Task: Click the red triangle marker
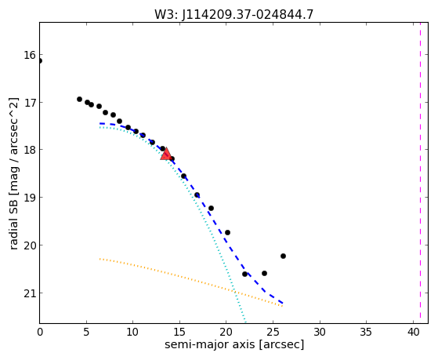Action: tap(166, 155)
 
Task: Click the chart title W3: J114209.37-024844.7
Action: tap(233, 14)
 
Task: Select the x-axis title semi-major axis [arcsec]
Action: tap(234, 344)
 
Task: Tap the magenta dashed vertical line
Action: tap(420, 173)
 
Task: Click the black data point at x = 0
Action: tap(40, 60)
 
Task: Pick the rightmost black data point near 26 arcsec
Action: tap(283, 256)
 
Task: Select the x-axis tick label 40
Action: tap(414, 332)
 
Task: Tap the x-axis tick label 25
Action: tap(273, 332)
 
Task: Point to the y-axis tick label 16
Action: tap(29, 55)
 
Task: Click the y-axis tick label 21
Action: tap(29, 293)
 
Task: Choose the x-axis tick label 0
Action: tap(40, 332)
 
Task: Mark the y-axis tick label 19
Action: tap(29, 198)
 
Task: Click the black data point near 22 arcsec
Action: tap(244, 275)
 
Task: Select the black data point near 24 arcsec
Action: tap(264, 273)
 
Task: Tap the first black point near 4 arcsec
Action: tap(79, 99)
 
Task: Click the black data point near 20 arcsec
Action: tap(227, 232)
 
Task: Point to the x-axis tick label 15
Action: tap(179, 332)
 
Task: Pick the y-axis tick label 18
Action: tap(29, 150)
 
